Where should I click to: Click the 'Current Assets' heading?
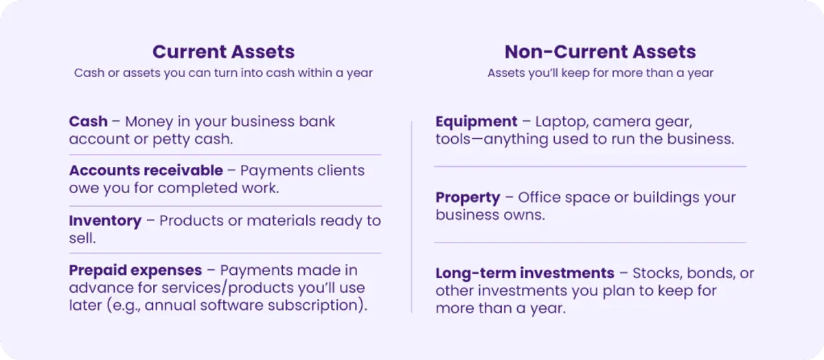(224, 52)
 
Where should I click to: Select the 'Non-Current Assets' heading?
(600, 52)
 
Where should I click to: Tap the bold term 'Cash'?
(89, 122)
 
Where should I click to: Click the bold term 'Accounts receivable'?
(146, 170)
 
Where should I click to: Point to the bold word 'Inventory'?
(105, 221)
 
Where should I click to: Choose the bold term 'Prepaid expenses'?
(135, 271)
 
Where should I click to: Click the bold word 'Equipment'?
(477, 122)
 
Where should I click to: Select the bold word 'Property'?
(468, 198)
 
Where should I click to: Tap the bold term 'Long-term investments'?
(525, 273)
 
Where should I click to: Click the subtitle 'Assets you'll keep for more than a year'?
(600, 73)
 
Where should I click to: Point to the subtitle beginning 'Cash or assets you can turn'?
(223, 73)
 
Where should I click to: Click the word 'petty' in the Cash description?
(171, 139)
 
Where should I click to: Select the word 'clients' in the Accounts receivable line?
(341, 170)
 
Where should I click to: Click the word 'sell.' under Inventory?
(82, 238)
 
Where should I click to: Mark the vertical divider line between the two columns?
(411, 217)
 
